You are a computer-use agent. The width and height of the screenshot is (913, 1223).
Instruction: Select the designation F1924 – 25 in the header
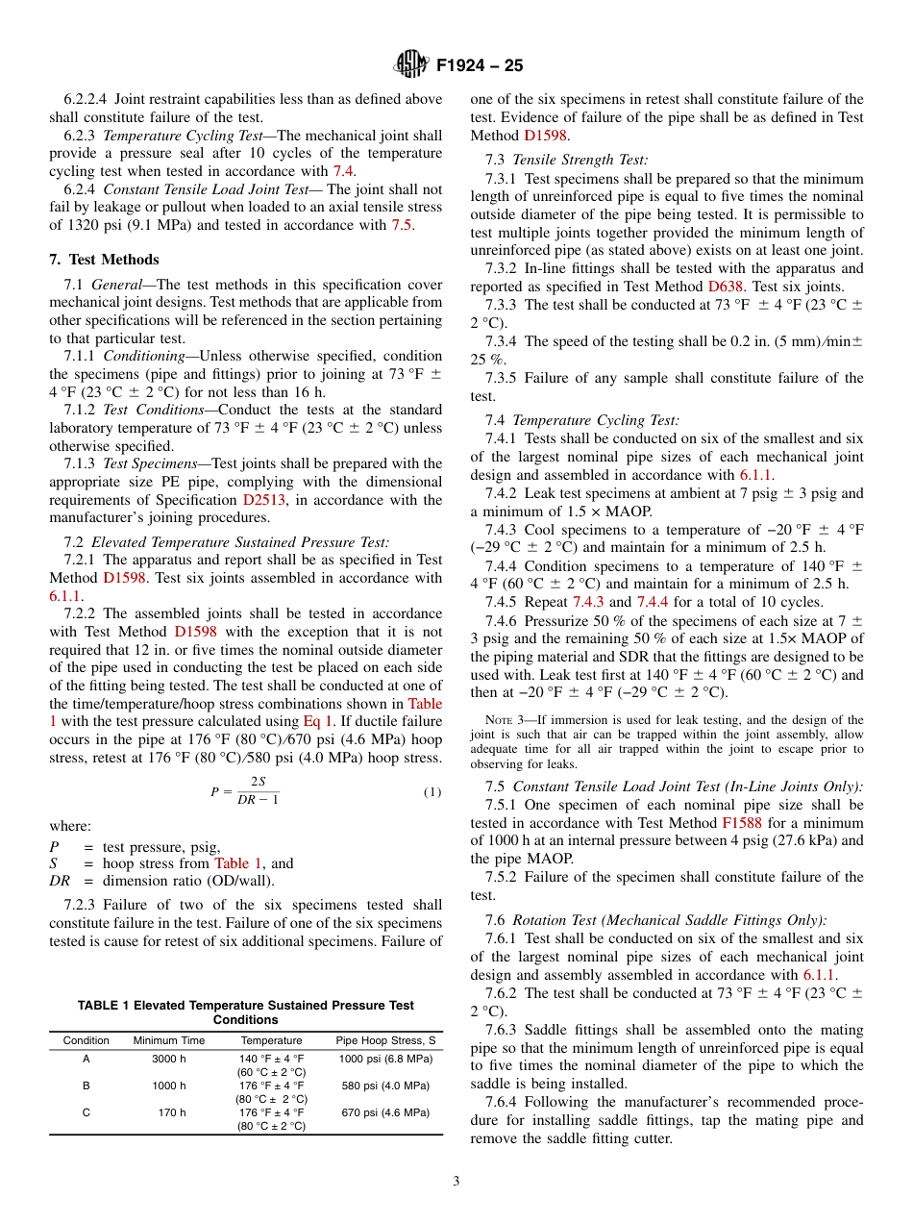click(480, 66)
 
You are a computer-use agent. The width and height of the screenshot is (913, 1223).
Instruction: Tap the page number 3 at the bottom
click(456, 1182)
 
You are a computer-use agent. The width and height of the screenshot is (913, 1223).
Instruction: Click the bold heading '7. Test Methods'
click(104, 260)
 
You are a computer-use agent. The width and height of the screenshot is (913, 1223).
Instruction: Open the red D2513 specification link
click(261, 500)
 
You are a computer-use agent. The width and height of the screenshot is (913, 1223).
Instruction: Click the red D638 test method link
click(727, 287)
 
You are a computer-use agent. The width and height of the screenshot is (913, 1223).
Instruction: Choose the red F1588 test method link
click(741, 823)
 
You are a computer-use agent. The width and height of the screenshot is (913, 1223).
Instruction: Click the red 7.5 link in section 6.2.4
click(403, 225)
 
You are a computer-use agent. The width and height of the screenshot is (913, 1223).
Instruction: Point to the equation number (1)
click(432, 792)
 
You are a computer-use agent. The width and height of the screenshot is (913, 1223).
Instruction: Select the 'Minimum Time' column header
click(169, 1040)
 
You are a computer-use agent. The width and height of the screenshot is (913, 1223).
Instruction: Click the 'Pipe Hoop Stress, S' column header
click(385, 1040)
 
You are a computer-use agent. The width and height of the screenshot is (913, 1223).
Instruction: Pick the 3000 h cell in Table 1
click(169, 1059)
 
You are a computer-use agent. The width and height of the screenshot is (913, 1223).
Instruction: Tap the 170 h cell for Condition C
click(173, 1112)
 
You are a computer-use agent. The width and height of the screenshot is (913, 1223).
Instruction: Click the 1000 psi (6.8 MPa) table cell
click(385, 1059)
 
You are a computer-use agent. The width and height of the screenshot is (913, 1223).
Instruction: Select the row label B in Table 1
click(86, 1086)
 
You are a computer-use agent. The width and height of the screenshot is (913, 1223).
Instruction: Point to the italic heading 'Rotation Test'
click(555, 920)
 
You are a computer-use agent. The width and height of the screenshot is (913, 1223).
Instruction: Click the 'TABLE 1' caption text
click(105, 1006)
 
